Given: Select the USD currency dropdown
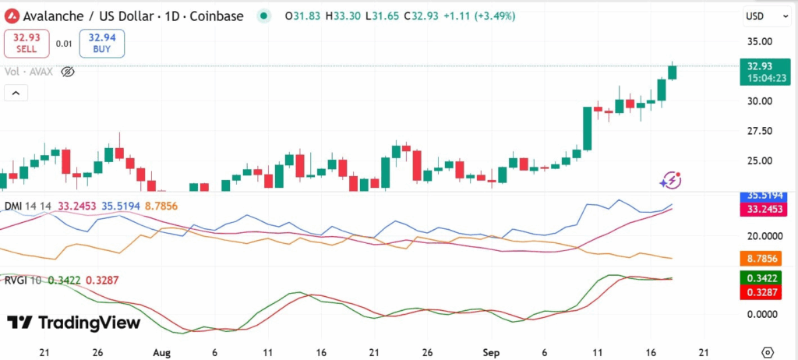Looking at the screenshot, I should (x=760, y=16).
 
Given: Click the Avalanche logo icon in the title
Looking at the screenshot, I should (x=12, y=16).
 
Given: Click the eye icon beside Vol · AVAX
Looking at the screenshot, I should (x=68, y=72).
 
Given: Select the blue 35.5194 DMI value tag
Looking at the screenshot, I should (x=759, y=196).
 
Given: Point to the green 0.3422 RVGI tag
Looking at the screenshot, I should (x=759, y=277).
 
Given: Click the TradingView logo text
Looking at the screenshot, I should (x=75, y=323).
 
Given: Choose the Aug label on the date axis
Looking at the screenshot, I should (x=161, y=351).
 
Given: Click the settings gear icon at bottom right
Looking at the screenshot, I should (x=768, y=351).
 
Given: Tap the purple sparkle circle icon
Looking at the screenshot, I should (x=670, y=181).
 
